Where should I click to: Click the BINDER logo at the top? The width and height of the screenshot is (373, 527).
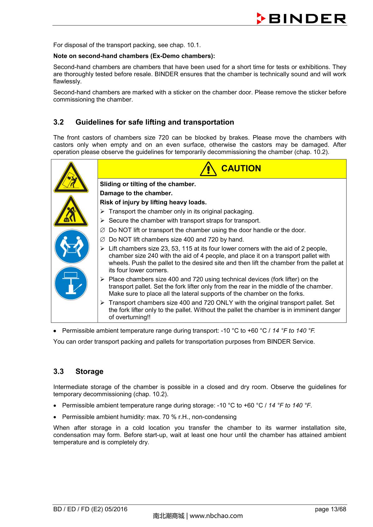(x=301, y=19)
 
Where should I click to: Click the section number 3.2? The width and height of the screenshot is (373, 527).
(x=58, y=122)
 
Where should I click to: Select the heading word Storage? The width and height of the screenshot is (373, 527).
(x=89, y=372)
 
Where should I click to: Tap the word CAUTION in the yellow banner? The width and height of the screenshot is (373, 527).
(x=241, y=169)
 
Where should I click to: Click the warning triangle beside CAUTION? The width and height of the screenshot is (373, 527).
(x=209, y=169)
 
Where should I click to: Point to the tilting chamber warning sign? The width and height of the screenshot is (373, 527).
(x=71, y=178)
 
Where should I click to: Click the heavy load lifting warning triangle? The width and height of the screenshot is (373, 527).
(x=71, y=212)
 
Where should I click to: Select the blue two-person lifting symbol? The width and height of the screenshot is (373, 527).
(x=71, y=247)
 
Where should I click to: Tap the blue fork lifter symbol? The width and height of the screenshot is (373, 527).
(x=71, y=283)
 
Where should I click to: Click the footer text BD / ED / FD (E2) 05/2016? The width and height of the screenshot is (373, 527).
(x=90, y=509)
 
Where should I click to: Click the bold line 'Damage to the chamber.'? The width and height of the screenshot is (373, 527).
(x=136, y=193)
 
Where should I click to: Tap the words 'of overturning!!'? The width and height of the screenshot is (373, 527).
(x=130, y=317)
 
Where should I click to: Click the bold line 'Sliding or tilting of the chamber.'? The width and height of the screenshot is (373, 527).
(x=148, y=184)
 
